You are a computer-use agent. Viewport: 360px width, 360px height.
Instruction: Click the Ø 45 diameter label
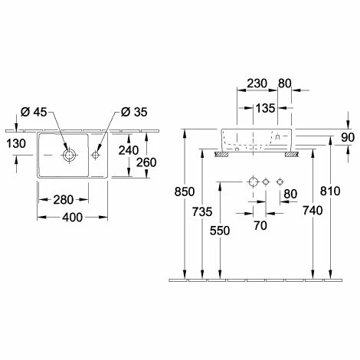click(x=34, y=112)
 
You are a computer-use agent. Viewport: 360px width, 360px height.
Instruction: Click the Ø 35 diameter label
click(x=134, y=112)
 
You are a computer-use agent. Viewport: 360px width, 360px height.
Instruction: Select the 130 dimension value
click(x=16, y=143)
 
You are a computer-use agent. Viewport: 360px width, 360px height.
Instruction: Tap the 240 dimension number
click(x=129, y=150)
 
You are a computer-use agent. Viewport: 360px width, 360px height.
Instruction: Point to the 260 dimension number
click(x=146, y=162)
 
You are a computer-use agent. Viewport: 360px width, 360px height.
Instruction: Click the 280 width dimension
click(x=64, y=200)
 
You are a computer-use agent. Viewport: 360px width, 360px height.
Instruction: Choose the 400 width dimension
click(x=73, y=218)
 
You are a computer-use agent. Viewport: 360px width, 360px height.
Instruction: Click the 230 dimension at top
click(x=257, y=83)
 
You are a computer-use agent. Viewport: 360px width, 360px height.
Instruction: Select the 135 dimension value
click(x=265, y=108)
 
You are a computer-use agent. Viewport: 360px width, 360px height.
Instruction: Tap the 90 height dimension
click(x=348, y=138)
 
